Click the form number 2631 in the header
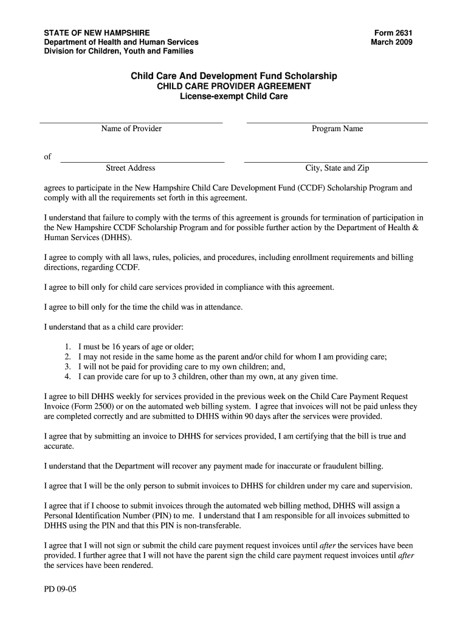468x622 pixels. click(392, 32)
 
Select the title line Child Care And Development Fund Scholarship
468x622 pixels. click(234, 76)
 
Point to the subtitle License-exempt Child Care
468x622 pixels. click(234, 96)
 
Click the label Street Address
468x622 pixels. click(131, 168)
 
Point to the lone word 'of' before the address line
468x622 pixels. click(48, 157)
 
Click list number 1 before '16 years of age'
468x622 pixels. click(67, 347)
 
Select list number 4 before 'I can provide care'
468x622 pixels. click(67, 377)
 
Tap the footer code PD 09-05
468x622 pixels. click(60, 590)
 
